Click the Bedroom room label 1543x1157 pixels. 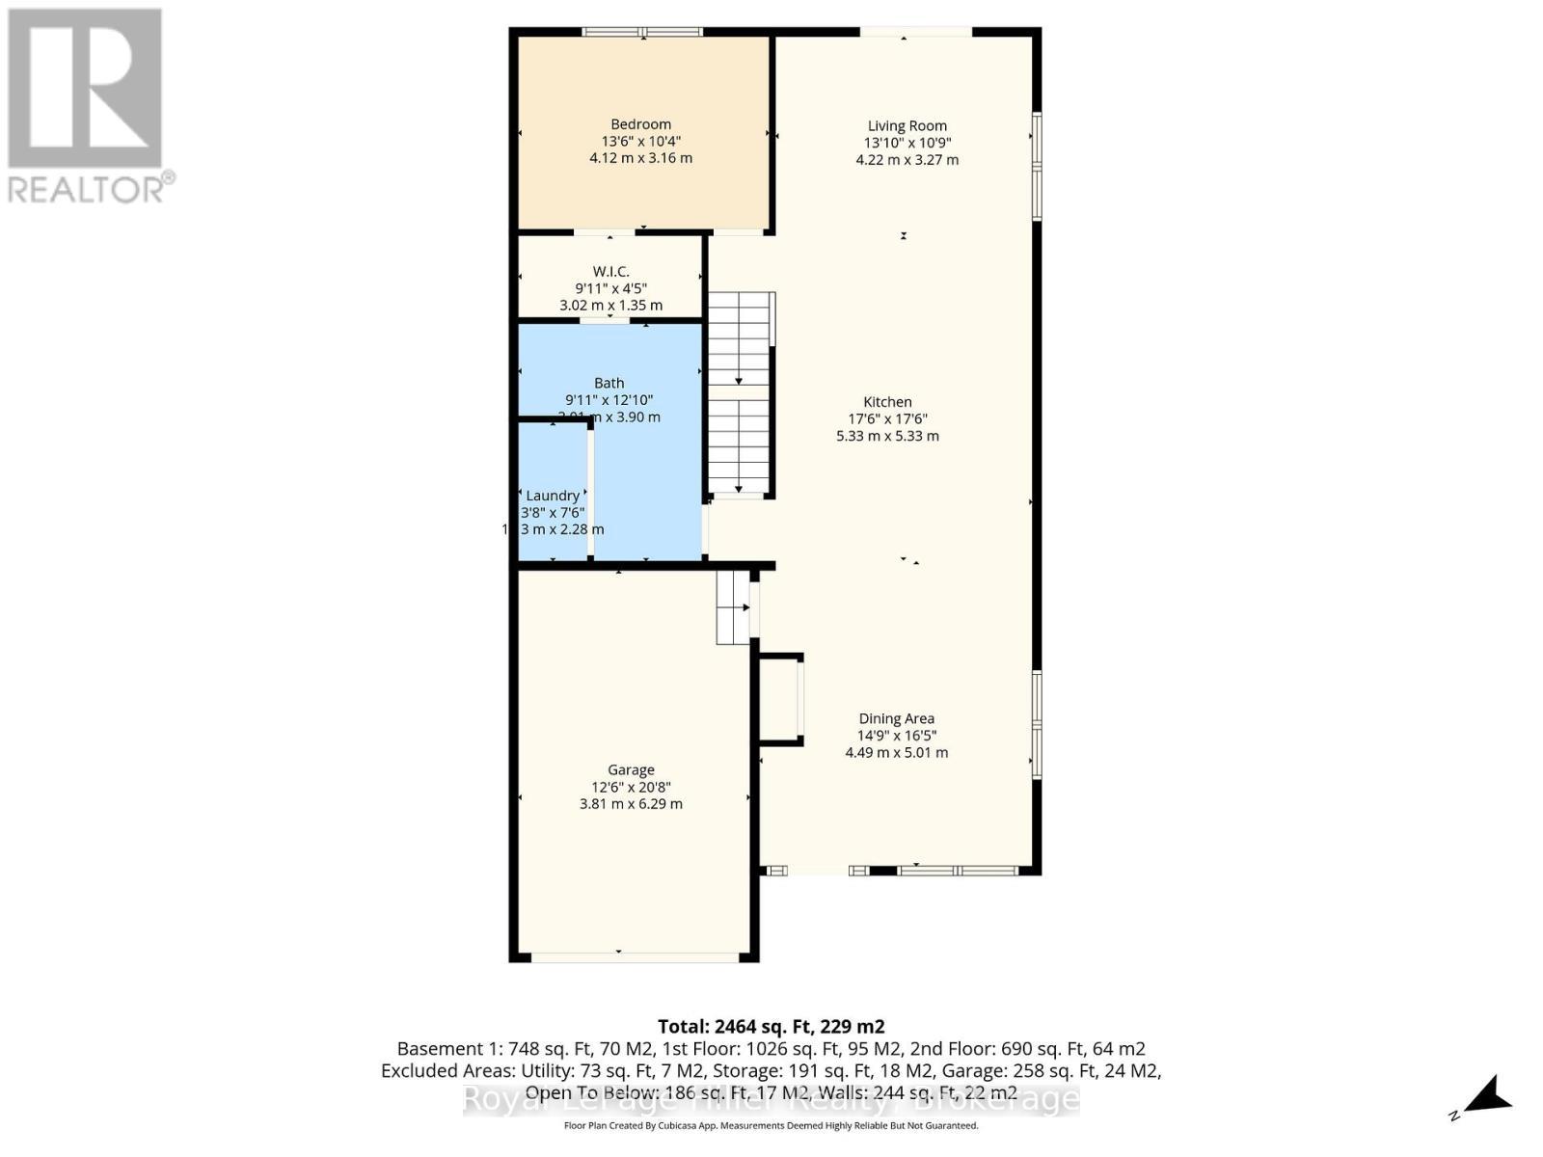[640, 124]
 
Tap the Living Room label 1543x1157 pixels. [907, 126]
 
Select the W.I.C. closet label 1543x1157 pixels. [610, 272]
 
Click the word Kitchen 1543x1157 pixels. [887, 402]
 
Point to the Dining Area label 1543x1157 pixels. [896, 718]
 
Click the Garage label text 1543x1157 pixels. [631, 769]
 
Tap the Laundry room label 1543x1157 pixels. [553, 496]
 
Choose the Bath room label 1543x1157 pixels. [609, 383]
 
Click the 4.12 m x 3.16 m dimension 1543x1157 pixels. [640, 158]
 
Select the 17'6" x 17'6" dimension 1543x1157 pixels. [887, 419]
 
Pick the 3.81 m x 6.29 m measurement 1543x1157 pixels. [631, 804]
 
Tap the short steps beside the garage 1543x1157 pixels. [734, 607]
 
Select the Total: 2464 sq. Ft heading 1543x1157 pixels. [771, 1027]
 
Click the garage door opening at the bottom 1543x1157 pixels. [634, 956]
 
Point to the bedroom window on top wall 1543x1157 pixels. [642, 32]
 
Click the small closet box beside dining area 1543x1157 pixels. [780, 699]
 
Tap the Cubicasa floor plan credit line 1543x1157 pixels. [771, 1126]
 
